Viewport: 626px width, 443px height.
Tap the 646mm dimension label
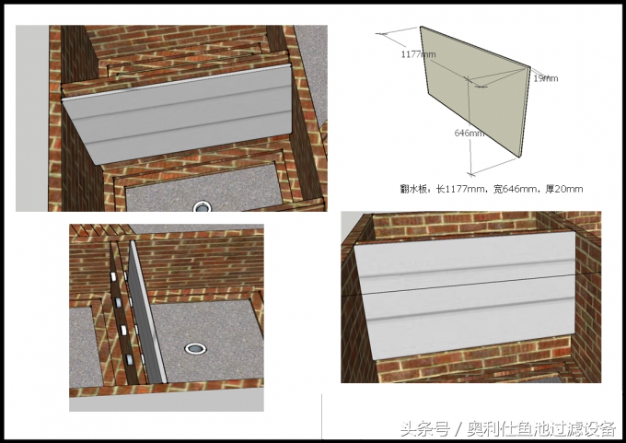click(x=469, y=134)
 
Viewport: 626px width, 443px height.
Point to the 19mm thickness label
click(x=545, y=78)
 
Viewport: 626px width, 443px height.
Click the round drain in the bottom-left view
click(x=195, y=348)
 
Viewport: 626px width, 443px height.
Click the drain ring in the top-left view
click(x=202, y=207)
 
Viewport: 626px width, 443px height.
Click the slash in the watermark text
click(x=458, y=429)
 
